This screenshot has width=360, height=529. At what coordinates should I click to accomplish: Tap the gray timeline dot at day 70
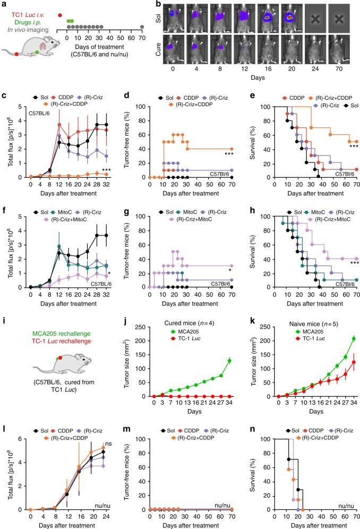(x=142, y=27)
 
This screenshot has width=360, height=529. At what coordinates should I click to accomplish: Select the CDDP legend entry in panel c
(x=59, y=84)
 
